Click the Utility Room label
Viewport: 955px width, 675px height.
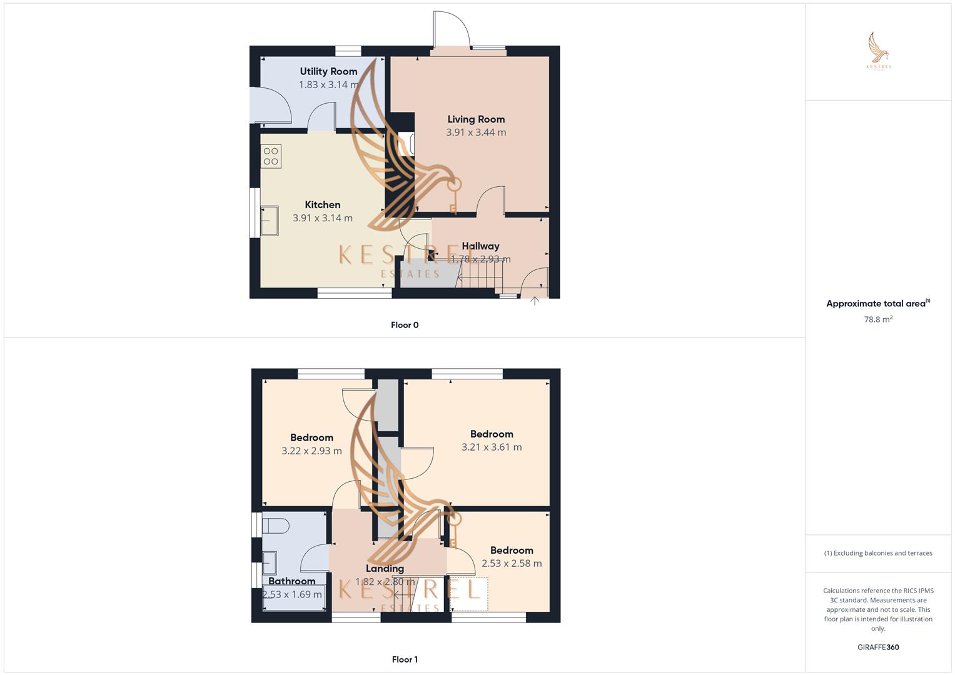click(328, 71)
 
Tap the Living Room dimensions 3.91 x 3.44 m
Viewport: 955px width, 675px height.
click(476, 132)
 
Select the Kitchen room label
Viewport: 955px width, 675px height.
click(323, 204)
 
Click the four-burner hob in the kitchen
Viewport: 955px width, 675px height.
click(271, 156)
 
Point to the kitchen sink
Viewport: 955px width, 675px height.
click(270, 221)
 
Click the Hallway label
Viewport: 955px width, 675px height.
click(480, 246)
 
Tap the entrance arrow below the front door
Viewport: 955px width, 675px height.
click(535, 301)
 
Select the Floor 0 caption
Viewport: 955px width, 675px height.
click(405, 325)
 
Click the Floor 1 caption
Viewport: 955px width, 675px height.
click(405, 659)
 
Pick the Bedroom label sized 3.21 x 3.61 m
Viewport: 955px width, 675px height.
click(492, 434)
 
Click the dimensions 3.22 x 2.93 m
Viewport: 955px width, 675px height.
click(311, 451)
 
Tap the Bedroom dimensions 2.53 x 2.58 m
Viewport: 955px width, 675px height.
click(512, 563)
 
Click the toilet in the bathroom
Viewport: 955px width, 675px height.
click(276, 526)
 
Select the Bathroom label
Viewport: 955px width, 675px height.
click(291, 581)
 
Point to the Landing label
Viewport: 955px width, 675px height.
click(385, 568)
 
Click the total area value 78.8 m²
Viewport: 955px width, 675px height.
click(878, 319)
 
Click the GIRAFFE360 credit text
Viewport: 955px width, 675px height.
click(878, 647)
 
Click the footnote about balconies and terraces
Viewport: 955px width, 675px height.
click(878, 553)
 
